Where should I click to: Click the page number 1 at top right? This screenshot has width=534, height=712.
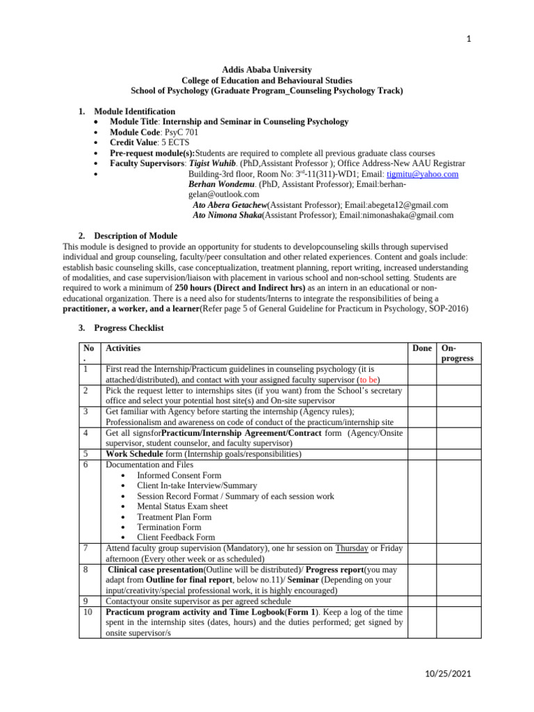coord(469,38)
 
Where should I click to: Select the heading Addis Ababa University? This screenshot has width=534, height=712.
coord(266,70)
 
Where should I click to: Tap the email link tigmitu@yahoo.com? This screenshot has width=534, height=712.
coord(423,174)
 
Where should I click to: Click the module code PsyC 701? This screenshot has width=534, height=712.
coord(168,132)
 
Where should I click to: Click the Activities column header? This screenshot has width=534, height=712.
coord(123,348)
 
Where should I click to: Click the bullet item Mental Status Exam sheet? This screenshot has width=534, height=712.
coord(182,506)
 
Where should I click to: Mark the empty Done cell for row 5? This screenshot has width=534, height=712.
coord(421,454)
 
